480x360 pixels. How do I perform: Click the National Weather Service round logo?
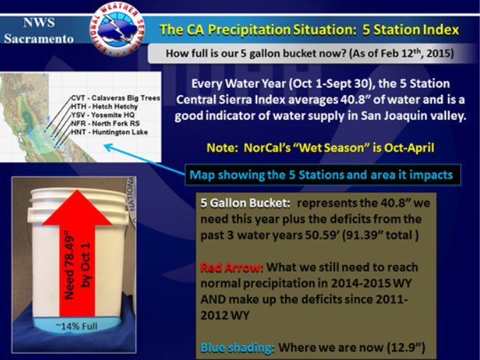(117, 29)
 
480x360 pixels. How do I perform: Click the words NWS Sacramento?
(39, 30)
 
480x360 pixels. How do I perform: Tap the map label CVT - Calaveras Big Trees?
(116, 98)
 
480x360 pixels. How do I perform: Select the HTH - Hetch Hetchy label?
(104, 106)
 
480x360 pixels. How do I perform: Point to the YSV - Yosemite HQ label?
(103, 115)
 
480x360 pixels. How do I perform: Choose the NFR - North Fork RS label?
(105, 123)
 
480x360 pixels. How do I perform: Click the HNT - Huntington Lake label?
(109, 132)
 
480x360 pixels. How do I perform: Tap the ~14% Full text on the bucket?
(77, 327)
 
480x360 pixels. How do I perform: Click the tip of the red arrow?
(77, 190)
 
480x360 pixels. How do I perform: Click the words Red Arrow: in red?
(232, 268)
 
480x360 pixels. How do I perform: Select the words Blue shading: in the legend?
(238, 348)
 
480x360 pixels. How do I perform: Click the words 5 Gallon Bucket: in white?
(245, 203)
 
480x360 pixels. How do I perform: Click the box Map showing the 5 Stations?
(323, 175)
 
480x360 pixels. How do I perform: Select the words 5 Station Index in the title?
(411, 30)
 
